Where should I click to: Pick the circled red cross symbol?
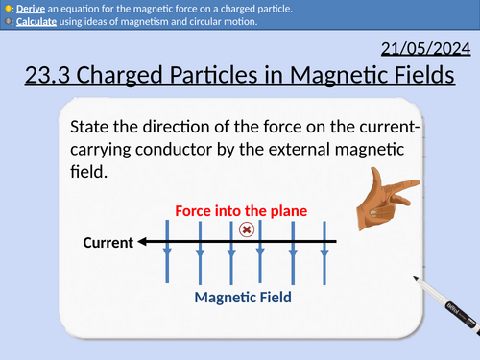coord(246,229)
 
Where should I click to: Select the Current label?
coord(108,243)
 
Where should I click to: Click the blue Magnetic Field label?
coord(243,298)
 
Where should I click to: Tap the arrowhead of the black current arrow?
coord(142,242)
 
